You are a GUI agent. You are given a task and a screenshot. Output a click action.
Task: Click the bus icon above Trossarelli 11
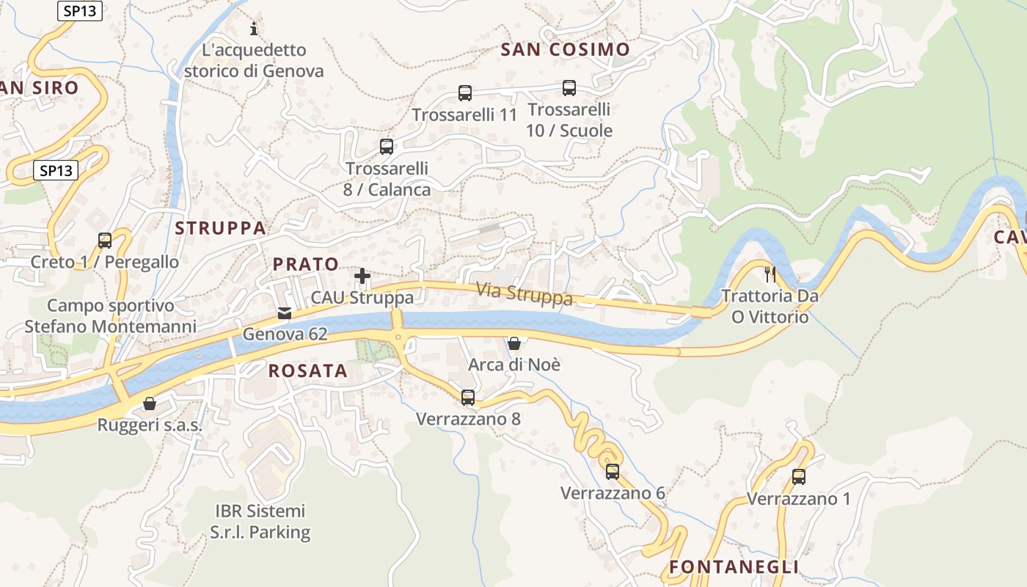coord(465,93)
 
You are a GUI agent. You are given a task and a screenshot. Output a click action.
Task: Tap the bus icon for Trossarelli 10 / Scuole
coord(569,88)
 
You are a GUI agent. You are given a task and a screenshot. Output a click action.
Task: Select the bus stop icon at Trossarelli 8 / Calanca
coord(387,147)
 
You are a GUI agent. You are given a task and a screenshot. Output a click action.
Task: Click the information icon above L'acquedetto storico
coord(254,29)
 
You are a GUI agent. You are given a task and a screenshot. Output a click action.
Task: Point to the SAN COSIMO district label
coord(565,50)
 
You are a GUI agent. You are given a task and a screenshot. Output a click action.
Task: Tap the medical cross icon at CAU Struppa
coord(362,276)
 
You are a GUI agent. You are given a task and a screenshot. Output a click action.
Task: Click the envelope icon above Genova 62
coord(285,313)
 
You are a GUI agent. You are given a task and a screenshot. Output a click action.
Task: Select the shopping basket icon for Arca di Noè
coord(514,343)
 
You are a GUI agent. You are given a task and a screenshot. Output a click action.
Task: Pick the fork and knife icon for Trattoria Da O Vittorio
coord(770,274)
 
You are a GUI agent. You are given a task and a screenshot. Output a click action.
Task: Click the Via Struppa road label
coord(524,293)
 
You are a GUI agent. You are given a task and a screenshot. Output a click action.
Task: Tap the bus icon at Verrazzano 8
coord(468,398)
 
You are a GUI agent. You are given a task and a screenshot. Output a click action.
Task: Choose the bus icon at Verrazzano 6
coord(613,472)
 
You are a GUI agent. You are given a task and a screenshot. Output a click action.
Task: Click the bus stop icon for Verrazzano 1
coord(799,477)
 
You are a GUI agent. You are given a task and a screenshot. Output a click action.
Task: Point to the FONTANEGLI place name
coord(734,567)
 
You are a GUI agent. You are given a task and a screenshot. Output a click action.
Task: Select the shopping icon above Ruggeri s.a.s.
coord(150,404)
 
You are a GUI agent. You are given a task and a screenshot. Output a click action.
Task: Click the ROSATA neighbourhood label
coord(308,371)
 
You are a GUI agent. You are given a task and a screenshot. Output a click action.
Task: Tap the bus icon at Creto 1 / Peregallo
coord(105,241)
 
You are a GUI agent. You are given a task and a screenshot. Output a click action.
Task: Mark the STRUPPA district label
coord(220,228)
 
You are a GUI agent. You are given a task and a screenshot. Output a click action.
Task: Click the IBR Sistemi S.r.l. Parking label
coord(260,522)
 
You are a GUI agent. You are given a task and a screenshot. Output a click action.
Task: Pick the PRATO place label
coord(306,264)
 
